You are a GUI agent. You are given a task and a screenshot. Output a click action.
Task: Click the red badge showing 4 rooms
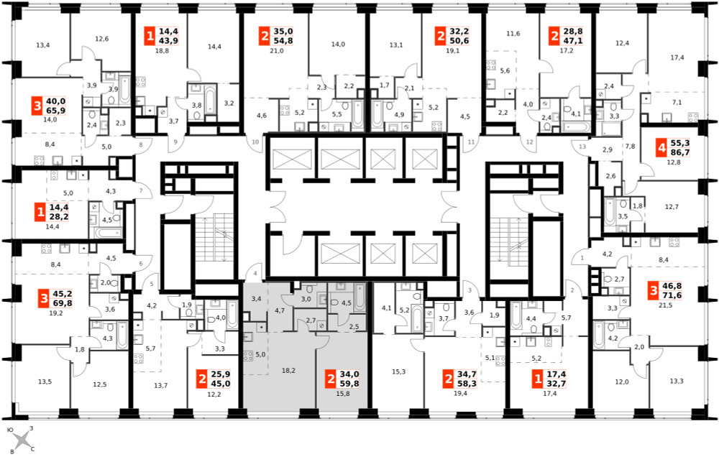(661, 148)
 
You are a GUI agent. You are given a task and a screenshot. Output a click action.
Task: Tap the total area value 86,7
(680, 152)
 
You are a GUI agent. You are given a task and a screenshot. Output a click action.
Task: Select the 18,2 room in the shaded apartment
(288, 370)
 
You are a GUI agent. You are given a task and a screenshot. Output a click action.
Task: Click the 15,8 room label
(342, 393)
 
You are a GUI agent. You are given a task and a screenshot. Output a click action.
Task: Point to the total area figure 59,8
(349, 384)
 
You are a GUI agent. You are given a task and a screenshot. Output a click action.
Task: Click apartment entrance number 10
(255, 142)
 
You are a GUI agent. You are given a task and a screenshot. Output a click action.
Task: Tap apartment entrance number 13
(582, 147)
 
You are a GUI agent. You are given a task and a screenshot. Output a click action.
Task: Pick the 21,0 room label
(277, 51)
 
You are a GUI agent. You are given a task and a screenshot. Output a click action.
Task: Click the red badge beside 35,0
(265, 36)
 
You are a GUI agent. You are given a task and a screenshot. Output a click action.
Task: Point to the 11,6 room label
(513, 34)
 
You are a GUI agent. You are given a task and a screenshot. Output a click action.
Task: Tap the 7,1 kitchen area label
(677, 102)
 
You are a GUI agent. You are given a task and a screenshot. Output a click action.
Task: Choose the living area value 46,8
(672, 286)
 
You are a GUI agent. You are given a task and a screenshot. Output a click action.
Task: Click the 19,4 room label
(460, 393)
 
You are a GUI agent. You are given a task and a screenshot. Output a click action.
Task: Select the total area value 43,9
(168, 40)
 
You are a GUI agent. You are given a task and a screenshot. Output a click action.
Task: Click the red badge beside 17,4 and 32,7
(537, 379)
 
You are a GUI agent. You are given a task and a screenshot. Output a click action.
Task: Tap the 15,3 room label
(398, 371)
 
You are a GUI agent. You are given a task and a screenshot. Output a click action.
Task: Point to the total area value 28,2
(59, 216)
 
